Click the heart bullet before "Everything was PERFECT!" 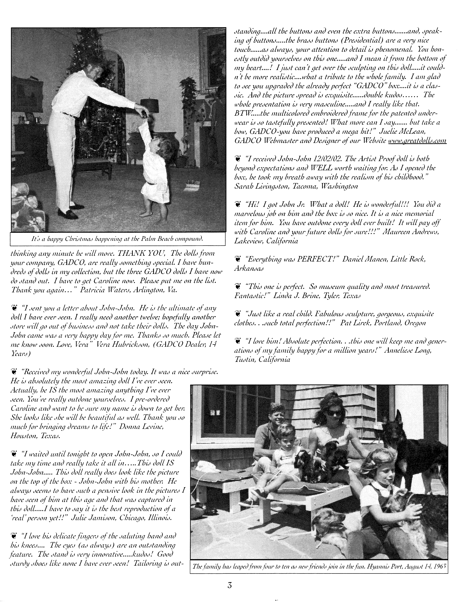point(237,259)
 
